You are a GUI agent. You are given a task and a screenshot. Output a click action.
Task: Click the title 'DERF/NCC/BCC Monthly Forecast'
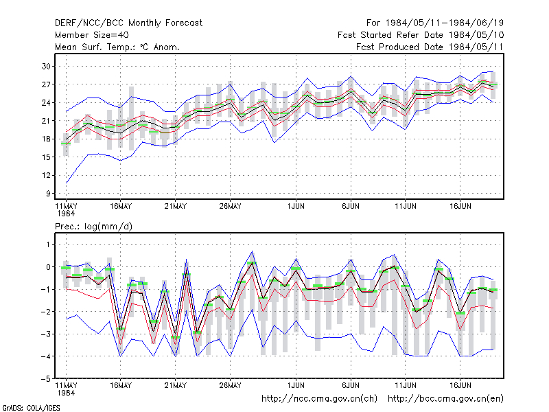[x=128, y=23]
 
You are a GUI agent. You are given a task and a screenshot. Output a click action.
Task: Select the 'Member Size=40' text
[x=92, y=35]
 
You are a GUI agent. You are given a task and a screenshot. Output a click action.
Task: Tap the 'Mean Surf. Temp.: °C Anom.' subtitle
[x=117, y=47]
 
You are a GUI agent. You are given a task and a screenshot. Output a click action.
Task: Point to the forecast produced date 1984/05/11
[x=468, y=47]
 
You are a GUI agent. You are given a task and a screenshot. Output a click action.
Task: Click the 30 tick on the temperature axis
[x=46, y=66]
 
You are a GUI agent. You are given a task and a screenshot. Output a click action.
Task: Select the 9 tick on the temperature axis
[x=48, y=194]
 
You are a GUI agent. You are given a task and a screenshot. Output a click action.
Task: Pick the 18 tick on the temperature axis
[x=46, y=139]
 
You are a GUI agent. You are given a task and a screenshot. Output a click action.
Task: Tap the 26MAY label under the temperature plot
[x=230, y=207]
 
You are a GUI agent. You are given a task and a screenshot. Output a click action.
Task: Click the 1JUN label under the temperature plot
[x=296, y=207]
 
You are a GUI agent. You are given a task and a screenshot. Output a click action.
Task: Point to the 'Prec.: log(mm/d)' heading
[x=93, y=227]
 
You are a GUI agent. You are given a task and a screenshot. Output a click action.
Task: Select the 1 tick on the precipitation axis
[x=48, y=244]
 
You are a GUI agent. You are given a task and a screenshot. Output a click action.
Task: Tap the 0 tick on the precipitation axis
[x=48, y=267]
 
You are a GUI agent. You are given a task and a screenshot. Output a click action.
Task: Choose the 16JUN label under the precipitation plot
[x=460, y=385]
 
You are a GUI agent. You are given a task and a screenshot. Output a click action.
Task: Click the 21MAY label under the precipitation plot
[x=176, y=385]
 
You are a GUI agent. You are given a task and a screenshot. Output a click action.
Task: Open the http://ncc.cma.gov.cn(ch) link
[x=319, y=399]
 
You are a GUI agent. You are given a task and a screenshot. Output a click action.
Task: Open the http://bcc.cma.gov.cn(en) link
[x=445, y=399]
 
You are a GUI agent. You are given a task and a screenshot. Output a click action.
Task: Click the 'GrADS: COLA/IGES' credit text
[x=31, y=408]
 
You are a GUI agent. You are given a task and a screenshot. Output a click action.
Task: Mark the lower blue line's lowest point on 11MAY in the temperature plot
[x=66, y=183]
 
